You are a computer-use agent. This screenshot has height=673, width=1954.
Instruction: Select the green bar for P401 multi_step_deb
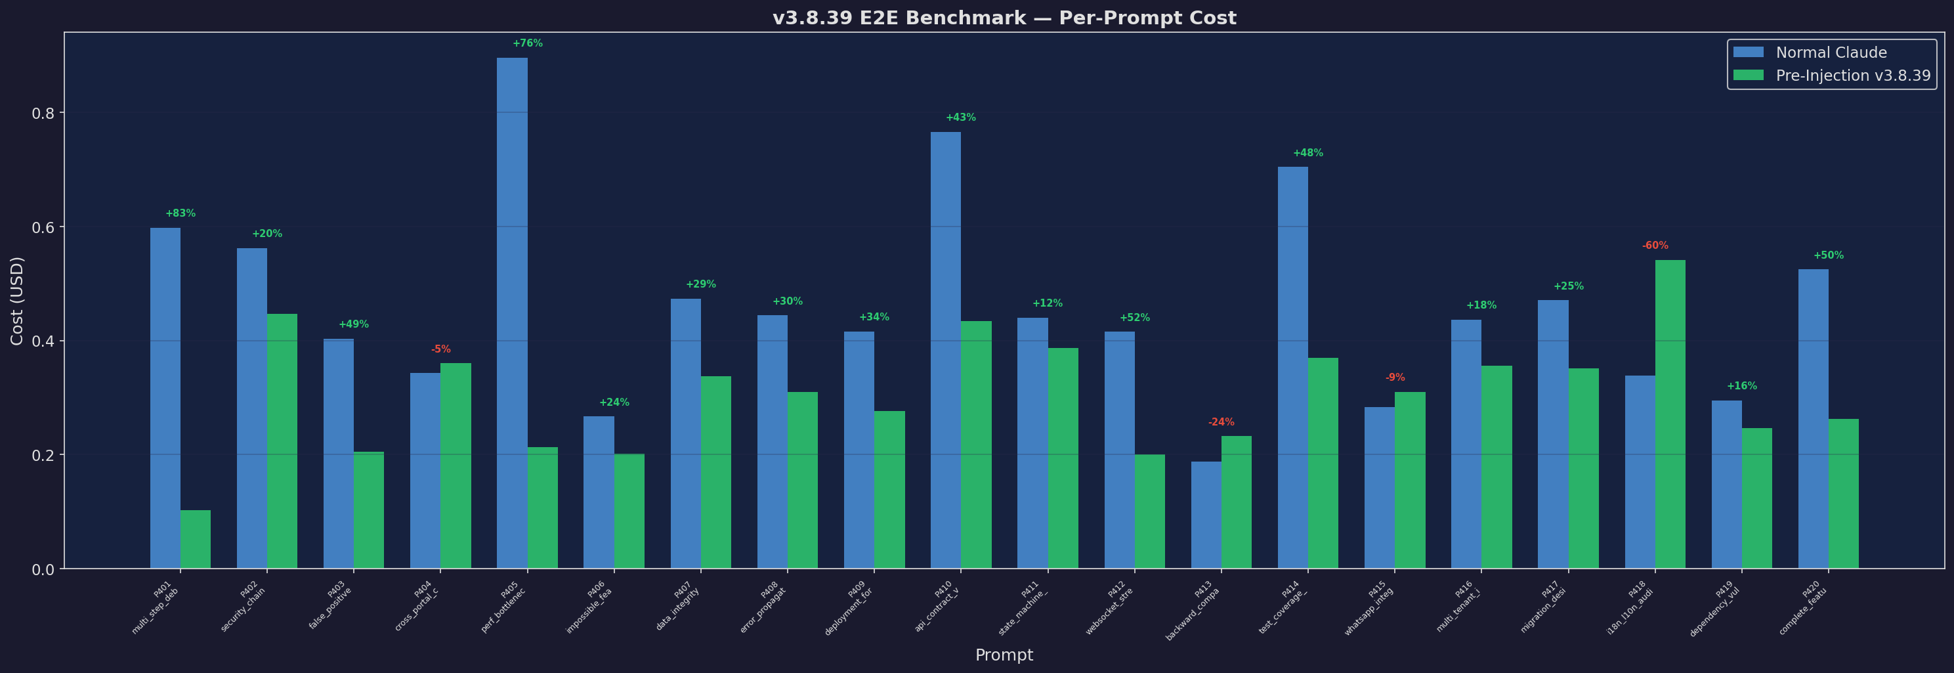196,540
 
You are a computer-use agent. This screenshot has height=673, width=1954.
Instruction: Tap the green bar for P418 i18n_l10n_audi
1670,414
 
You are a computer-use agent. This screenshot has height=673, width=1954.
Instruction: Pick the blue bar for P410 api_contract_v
945,350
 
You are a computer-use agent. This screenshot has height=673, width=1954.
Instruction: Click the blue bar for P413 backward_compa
1206,515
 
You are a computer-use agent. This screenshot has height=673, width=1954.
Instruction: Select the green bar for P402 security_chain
282,441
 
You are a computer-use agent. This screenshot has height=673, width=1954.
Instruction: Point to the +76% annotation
527,43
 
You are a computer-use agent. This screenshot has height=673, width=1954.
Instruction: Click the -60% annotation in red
1655,246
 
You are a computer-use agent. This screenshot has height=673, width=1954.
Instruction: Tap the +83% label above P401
181,213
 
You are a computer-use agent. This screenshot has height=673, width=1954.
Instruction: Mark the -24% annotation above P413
1221,422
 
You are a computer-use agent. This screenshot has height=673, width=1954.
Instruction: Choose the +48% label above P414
1307,153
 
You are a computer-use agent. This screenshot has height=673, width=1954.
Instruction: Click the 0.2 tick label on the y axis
43,455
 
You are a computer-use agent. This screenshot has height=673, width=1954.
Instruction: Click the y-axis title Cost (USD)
16,301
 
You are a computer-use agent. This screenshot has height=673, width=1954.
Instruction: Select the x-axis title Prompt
1004,655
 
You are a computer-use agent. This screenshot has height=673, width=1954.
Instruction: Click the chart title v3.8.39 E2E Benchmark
1004,18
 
